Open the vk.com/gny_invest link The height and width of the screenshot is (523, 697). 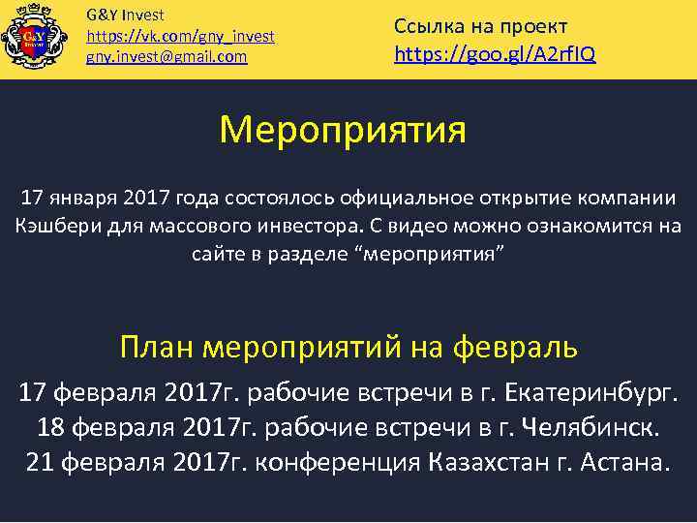180,36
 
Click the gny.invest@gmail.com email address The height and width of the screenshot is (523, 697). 167,57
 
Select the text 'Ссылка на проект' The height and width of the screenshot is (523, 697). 481,25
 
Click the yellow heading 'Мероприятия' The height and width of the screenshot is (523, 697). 343,129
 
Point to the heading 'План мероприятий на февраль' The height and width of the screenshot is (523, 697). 348,344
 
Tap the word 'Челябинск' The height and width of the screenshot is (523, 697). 590,427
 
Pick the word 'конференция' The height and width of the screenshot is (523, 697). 335,461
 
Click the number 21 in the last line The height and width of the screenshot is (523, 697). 40,461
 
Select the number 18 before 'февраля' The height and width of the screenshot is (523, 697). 51,427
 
